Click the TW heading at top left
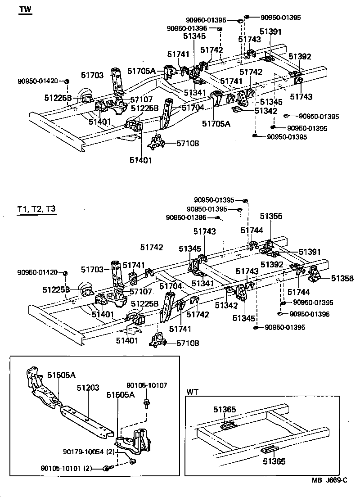pyautogui.click(x=25, y=10)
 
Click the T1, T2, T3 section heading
pyautogui.click(x=36, y=209)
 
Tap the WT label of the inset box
pyautogui.click(x=191, y=392)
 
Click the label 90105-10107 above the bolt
pyautogui.click(x=147, y=385)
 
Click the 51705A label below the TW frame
pyautogui.click(x=216, y=124)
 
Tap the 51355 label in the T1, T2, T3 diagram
pyautogui.click(x=270, y=217)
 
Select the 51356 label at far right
pyautogui.click(x=342, y=279)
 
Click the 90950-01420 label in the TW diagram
pyautogui.click(x=38, y=81)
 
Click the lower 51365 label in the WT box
pyautogui.click(x=274, y=461)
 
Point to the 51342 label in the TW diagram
pyautogui.click(x=266, y=111)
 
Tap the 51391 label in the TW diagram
pyautogui.click(x=270, y=32)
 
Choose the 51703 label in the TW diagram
pyautogui.click(x=93, y=75)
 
